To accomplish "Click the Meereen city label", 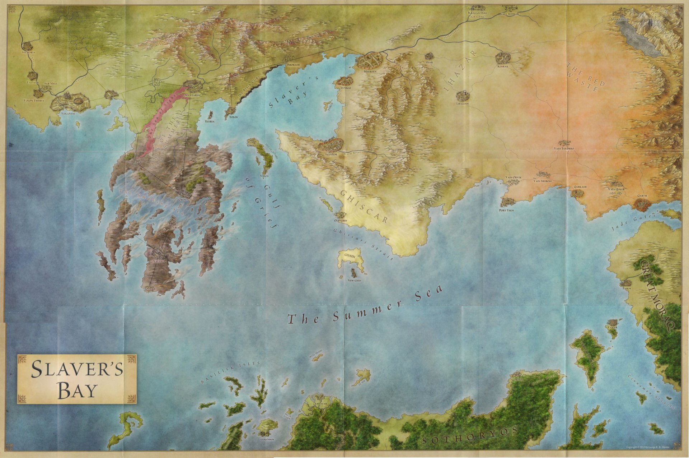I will point(370,71).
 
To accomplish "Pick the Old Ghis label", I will point(341,220).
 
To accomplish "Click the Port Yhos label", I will point(506,210).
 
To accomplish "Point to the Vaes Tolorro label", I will point(564,148).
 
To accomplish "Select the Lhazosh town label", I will point(463,103).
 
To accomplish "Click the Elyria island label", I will point(210,121).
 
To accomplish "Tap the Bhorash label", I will point(294,65).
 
